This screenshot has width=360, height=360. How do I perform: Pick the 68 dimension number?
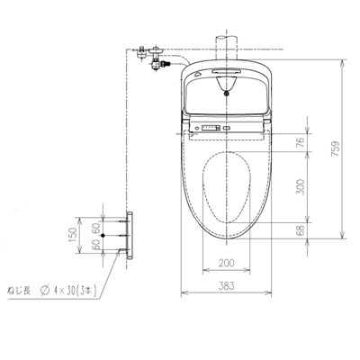pyautogui.click(x=300, y=231)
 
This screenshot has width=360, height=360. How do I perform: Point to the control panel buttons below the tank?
pyautogui.click(x=209, y=129)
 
